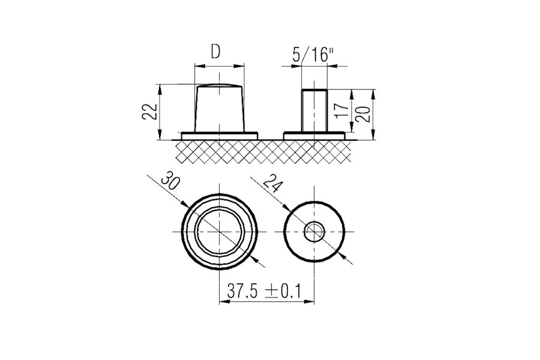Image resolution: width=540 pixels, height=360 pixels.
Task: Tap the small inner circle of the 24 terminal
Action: (314, 232)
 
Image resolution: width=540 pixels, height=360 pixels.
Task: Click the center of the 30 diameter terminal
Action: (221, 232)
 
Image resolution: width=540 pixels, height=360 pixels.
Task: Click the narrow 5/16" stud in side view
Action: (314, 111)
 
